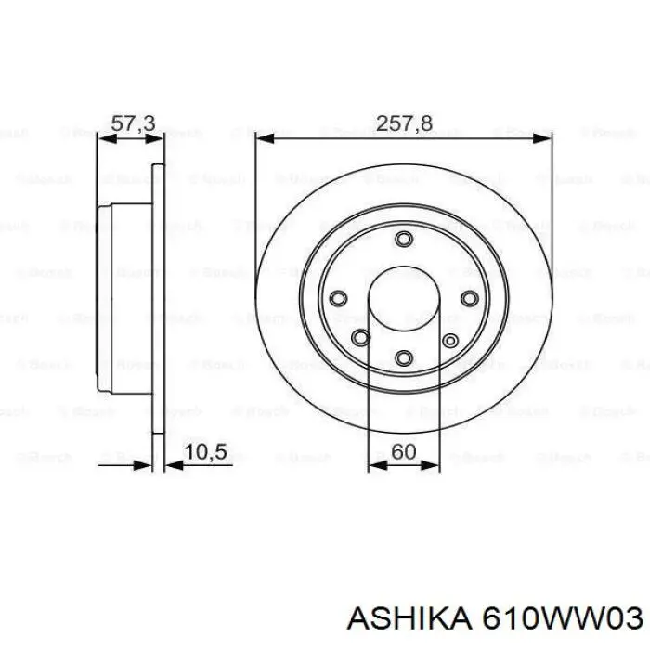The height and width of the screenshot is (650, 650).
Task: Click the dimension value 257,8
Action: coord(403,123)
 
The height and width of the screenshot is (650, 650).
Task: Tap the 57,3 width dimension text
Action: coord(133,123)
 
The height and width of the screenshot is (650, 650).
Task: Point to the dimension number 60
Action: coord(403,451)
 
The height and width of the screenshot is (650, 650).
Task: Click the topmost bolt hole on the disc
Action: coord(403,240)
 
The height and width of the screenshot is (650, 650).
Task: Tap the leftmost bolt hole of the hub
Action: coord(338,298)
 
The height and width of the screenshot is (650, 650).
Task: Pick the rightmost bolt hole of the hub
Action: coord(469,298)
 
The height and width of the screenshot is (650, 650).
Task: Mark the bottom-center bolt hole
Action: coord(403,357)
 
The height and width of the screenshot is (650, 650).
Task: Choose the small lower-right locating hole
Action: coord(449,340)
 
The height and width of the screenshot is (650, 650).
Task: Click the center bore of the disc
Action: coord(403,300)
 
